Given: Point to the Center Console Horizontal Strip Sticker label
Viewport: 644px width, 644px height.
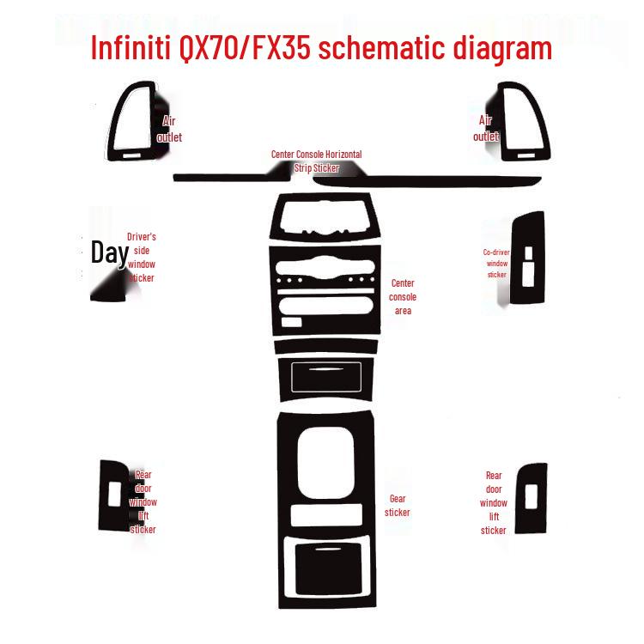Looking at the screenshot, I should click(316, 161).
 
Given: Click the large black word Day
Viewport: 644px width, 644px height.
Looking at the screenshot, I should click(110, 252).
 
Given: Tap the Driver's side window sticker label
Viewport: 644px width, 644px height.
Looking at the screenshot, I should click(142, 257).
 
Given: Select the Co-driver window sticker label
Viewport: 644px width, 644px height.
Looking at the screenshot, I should click(497, 263).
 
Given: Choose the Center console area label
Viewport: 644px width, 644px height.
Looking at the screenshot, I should click(403, 296).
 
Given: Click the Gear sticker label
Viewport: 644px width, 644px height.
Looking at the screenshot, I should click(398, 505).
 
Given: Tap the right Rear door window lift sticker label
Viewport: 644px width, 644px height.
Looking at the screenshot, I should click(494, 502).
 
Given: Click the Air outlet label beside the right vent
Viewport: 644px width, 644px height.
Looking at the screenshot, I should click(486, 129).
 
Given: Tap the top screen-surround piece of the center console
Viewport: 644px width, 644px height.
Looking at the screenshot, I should click(325, 220).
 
